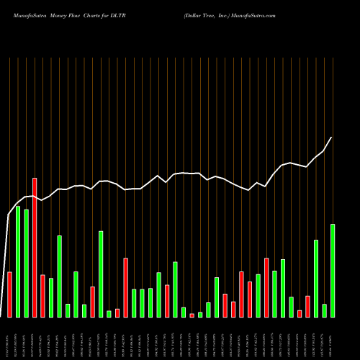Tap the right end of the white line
(332, 138)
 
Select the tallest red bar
(35, 247)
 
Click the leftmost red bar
(9, 294)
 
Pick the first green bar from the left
(18, 261)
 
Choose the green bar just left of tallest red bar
(26, 263)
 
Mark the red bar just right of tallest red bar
(42, 296)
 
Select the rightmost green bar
(332, 270)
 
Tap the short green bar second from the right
(324, 310)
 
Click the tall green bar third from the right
(316, 278)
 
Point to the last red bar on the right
(307, 306)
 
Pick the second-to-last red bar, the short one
(300, 313)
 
